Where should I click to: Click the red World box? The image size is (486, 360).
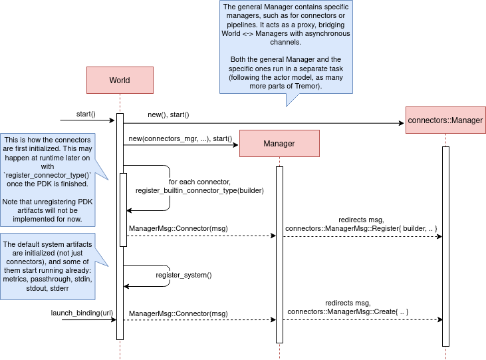coord(120,81)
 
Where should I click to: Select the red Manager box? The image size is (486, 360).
coord(279,143)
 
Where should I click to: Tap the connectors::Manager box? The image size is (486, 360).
coord(445,121)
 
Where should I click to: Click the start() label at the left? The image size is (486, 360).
coord(86,114)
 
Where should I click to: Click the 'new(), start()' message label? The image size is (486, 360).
coord(168,115)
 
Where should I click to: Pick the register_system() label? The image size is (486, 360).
coord(183,274)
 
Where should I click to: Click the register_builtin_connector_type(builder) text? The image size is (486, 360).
coord(199,190)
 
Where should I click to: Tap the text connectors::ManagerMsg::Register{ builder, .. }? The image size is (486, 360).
coord(361,229)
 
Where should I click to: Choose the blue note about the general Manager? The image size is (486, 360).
coord(286,47)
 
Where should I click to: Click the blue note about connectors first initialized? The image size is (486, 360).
coord(48,179)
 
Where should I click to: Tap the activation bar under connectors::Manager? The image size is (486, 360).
coord(445,246)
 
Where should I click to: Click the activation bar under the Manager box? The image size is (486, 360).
coord(280,253)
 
